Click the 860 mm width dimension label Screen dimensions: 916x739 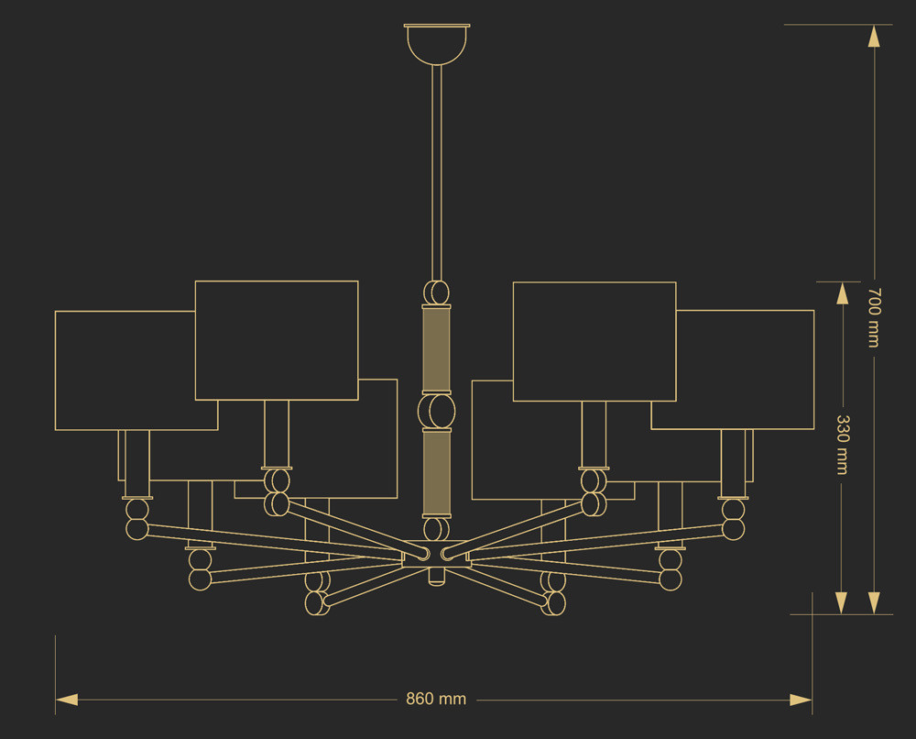tap(436, 699)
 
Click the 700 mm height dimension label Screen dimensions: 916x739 tap(874, 317)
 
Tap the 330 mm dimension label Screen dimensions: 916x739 tap(842, 445)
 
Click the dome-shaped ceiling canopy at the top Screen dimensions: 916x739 tap(437, 44)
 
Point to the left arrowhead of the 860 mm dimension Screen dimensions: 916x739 tap(67, 700)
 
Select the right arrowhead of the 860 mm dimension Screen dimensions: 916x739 tap(801, 700)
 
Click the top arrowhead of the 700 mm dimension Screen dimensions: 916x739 tap(874, 36)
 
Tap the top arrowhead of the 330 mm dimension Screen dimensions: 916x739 tap(842, 293)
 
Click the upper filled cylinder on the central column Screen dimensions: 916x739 tap(436, 349)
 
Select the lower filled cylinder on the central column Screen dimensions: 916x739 tap(436, 473)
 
